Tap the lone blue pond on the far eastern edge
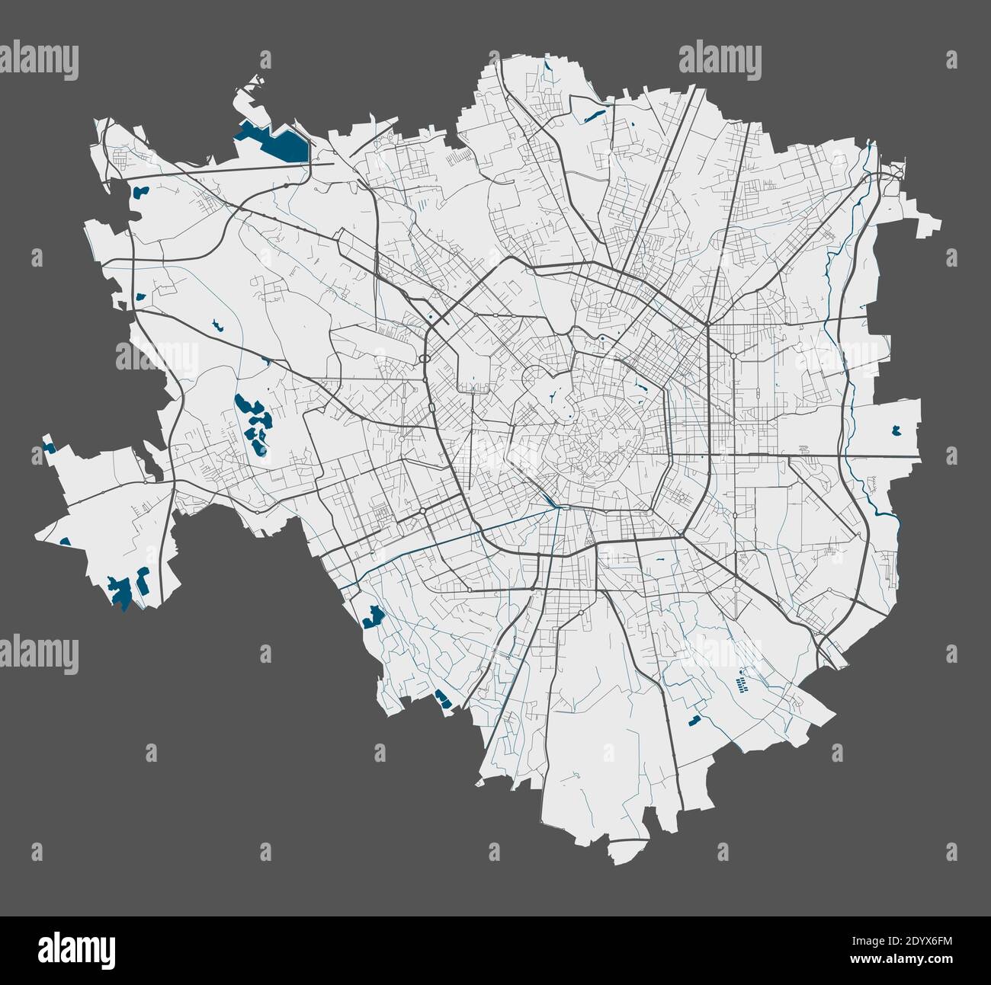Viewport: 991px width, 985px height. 896,430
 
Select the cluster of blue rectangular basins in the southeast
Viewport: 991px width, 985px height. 740,682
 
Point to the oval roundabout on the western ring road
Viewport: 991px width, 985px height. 423,357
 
